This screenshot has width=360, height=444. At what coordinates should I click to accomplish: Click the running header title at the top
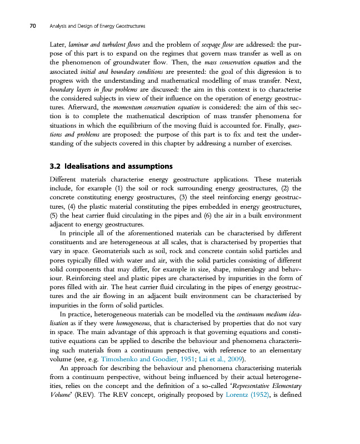[102, 26]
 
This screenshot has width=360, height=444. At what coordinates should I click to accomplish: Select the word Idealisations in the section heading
[90, 167]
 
